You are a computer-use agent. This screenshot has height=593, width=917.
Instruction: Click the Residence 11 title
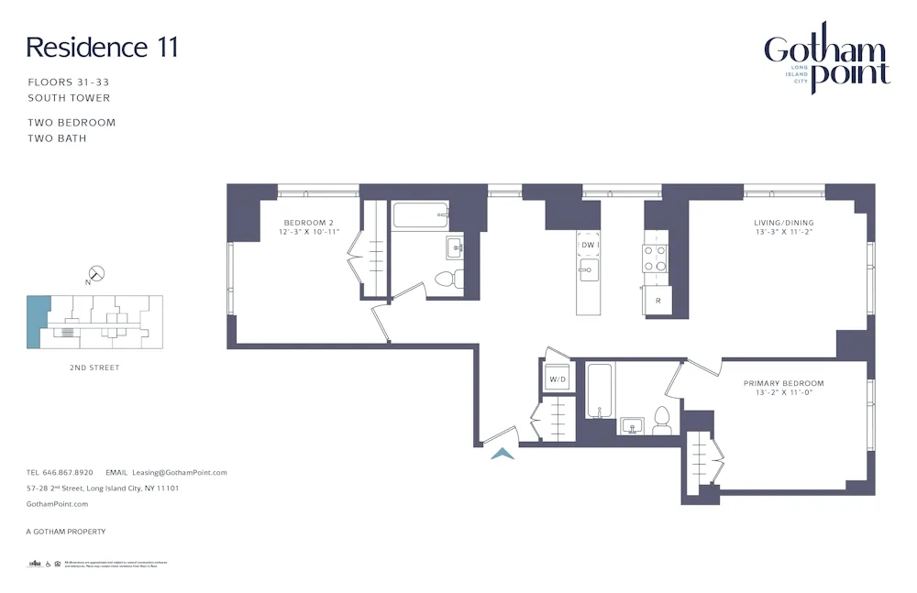pos(102,48)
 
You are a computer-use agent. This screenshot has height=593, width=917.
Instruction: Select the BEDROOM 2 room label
pos(307,223)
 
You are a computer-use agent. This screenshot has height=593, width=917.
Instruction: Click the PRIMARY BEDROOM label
pos(783,383)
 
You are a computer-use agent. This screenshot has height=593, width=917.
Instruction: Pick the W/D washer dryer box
pos(558,379)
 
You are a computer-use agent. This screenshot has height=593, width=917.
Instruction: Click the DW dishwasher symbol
pos(589,245)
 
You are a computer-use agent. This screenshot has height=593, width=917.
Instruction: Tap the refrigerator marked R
pos(657,301)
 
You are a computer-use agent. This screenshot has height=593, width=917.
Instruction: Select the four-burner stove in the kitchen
pos(655,258)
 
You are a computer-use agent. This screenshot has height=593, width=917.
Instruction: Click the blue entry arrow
pos(503,453)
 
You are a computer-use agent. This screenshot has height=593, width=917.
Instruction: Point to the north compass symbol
pos(95,274)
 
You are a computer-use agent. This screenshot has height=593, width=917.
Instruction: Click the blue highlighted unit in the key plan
pos(38,321)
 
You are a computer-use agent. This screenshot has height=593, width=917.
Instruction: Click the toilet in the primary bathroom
pos(662,422)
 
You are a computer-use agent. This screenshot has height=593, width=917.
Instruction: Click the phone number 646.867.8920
pos(71,473)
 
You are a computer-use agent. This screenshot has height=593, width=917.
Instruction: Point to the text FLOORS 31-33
pos(69,82)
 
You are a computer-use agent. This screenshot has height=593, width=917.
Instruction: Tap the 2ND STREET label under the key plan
pos(94,368)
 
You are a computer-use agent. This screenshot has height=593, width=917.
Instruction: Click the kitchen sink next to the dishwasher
pos(589,269)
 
